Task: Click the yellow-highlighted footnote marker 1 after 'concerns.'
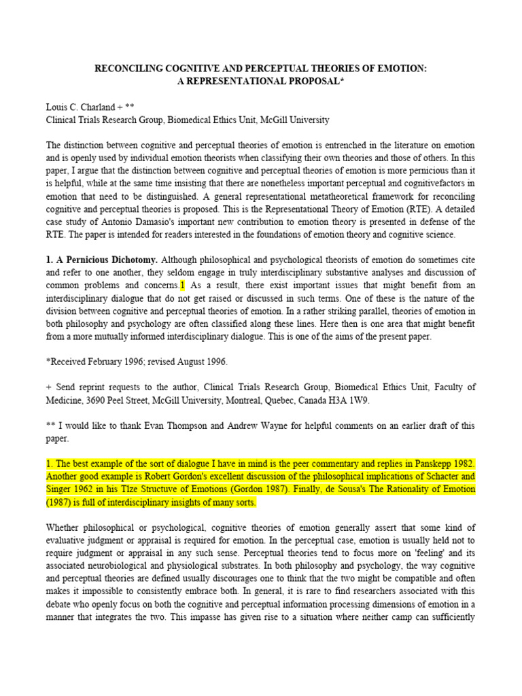(183, 286)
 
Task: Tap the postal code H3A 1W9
(353, 400)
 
